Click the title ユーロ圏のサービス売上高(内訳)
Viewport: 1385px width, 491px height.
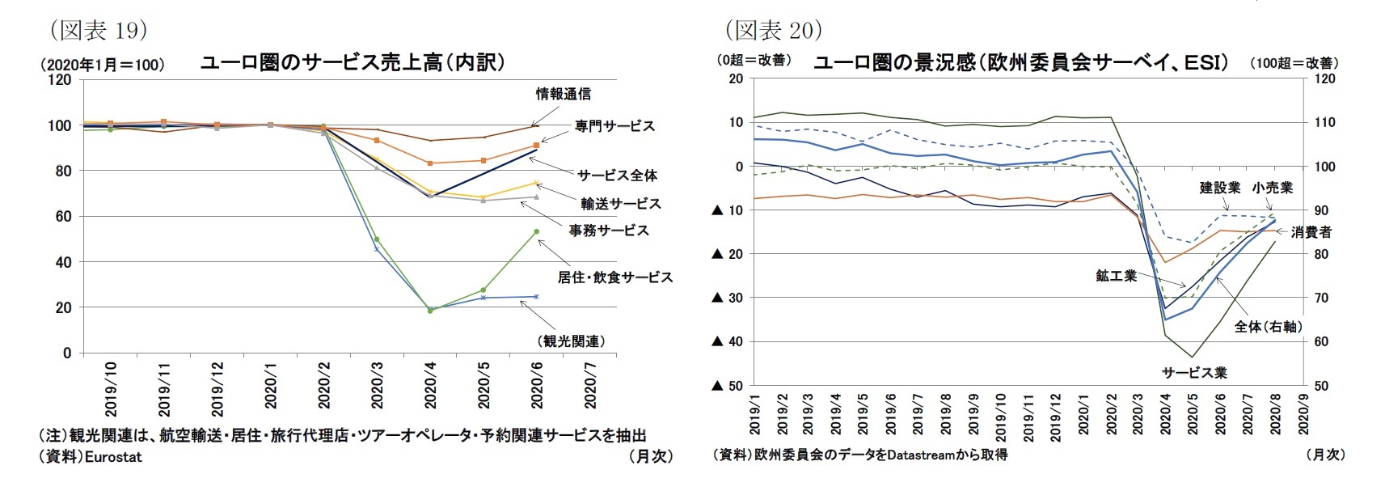[x=353, y=62]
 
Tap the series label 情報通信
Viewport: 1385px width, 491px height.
[x=563, y=94]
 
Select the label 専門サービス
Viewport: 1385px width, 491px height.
[x=614, y=126]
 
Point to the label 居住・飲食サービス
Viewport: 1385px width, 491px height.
[x=614, y=277]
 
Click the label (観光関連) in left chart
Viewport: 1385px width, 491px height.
[x=571, y=341]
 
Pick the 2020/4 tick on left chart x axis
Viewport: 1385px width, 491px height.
[x=430, y=385]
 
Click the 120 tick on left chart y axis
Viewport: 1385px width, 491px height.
[x=60, y=80]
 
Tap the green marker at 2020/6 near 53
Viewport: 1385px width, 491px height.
[x=536, y=232]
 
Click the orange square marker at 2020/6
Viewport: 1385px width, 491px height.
[x=536, y=146]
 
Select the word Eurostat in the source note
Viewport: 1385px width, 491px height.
[x=113, y=457]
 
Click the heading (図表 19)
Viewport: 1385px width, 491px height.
[x=99, y=31]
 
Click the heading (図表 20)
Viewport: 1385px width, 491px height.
[x=774, y=31]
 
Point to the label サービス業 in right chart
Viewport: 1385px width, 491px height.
[x=1193, y=373]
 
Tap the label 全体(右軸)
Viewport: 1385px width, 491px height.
[x=1268, y=327]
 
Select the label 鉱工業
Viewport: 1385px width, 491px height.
[x=1116, y=276]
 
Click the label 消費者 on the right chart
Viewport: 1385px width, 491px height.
[x=1311, y=232]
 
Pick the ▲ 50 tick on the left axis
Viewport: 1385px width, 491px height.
[x=727, y=386]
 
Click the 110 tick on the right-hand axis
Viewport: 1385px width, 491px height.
[x=1324, y=123]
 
